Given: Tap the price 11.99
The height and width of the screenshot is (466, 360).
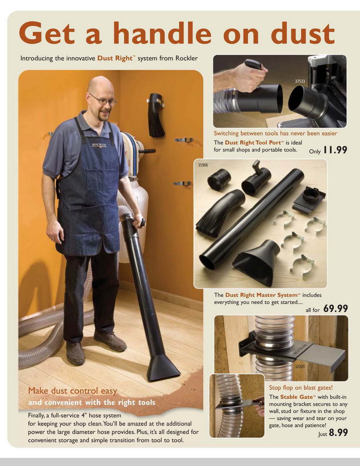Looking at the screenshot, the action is click(335, 150).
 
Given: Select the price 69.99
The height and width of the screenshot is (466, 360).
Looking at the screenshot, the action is click(335, 308).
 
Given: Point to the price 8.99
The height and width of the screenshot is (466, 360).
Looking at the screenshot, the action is click(338, 432).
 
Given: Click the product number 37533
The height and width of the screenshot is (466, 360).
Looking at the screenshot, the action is click(300, 81).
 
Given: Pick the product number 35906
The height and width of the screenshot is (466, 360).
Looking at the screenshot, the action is click(203, 165).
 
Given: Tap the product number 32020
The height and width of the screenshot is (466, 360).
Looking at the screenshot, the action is click(300, 367).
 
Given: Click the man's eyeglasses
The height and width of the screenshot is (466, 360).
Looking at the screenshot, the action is click(103, 99).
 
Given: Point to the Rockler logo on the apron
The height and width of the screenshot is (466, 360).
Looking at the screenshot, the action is click(99, 145).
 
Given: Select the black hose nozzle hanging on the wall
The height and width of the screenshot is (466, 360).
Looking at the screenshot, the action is click(156, 115).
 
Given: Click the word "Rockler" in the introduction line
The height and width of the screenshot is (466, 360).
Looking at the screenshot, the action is click(186, 58).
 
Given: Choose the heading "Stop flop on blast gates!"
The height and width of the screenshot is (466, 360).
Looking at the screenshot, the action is click(301, 387).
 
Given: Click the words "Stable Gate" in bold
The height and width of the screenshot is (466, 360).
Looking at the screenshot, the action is click(297, 397).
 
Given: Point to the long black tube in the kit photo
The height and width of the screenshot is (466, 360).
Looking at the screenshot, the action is click(252, 219).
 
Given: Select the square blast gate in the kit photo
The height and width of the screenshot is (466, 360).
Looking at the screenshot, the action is click(309, 199).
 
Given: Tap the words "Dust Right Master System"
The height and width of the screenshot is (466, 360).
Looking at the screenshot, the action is click(261, 295).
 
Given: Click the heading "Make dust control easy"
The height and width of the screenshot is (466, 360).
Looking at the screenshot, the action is click(72, 391).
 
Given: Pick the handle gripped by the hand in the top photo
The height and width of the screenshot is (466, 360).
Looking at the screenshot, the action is click(253, 64).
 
